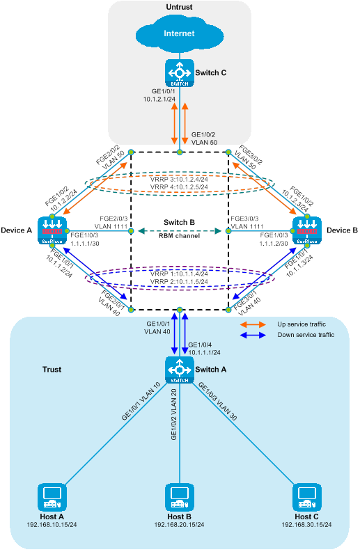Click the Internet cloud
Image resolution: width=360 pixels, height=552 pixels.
(x=179, y=34)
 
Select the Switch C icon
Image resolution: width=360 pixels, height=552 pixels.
(x=180, y=73)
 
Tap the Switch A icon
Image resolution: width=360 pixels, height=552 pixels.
(x=180, y=370)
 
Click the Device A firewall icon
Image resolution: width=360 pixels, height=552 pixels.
(x=52, y=230)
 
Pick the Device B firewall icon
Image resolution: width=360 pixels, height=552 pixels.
(x=307, y=230)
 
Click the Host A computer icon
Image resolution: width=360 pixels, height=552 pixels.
(x=52, y=497)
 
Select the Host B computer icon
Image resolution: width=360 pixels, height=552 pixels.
(x=180, y=497)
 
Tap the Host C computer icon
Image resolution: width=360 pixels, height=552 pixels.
(x=307, y=497)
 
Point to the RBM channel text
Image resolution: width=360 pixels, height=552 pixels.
(x=179, y=236)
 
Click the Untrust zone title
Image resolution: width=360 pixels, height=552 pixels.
(x=179, y=7)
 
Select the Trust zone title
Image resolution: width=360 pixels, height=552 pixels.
(x=52, y=370)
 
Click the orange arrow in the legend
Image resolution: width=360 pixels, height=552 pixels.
(x=253, y=324)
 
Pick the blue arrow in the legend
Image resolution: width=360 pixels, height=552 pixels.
(x=253, y=335)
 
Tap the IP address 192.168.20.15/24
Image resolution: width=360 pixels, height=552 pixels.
(x=179, y=525)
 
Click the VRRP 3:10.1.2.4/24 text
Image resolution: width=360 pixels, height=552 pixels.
(x=179, y=179)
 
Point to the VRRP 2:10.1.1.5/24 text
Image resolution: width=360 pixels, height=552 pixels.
(x=179, y=282)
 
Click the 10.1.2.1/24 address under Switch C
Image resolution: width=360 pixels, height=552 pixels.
(x=159, y=100)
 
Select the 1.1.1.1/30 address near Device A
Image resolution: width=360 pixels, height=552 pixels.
(x=85, y=243)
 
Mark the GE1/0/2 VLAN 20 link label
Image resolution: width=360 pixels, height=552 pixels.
(x=173, y=414)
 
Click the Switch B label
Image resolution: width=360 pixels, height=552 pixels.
(x=179, y=223)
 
